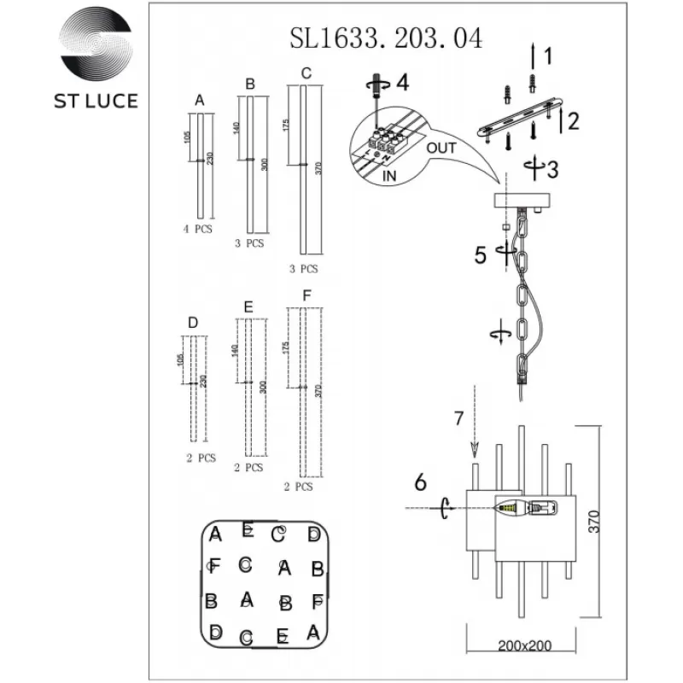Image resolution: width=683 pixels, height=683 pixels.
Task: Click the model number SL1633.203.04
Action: tap(386, 38)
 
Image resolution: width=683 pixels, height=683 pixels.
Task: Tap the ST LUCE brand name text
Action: tap(96, 100)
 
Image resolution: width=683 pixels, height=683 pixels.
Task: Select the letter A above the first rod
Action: tap(200, 101)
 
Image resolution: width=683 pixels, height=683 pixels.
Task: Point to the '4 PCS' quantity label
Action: tap(197, 230)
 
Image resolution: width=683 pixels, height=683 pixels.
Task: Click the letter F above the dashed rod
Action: tap(306, 296)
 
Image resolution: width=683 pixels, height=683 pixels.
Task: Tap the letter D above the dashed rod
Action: tap(193, 323)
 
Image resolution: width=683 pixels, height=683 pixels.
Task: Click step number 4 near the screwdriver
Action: tap(402, 84)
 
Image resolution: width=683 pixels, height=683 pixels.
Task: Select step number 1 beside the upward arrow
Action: tap(548, 57)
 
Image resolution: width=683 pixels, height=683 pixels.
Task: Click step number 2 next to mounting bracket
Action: tap(574, 121)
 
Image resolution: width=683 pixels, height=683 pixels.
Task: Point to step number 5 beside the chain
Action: tap(481, 254)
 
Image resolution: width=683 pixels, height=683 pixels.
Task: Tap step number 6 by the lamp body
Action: tap(420, 482)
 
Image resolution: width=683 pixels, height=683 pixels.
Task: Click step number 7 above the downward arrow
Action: tap(458, 418)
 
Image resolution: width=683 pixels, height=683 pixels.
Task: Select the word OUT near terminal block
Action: tap(441, 148)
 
